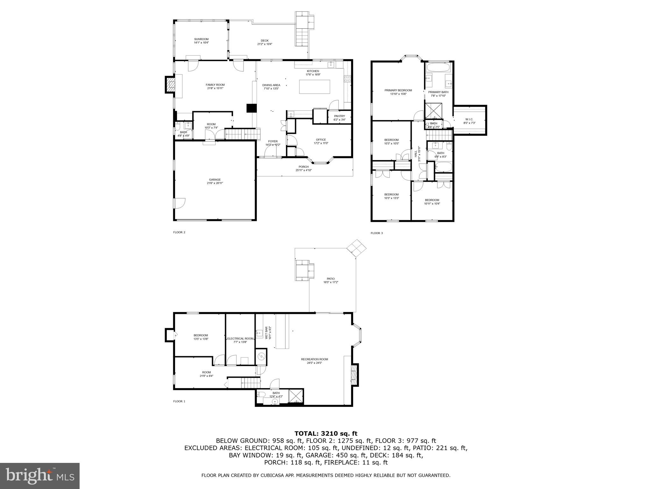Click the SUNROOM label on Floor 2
click(201, 39)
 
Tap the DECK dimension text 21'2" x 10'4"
click(265, 44)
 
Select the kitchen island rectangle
click(314, 87)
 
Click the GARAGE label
click(215, 180)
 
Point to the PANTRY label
click(339, 116)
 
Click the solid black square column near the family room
click(251, 108)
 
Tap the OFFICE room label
click(321, 140)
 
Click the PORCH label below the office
click(303, 167)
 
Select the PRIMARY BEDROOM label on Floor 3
click(398, 90)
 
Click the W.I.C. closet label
click(469, 119)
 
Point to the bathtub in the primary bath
click(438, 67)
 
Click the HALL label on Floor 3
click(415, 154)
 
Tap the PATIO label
click(330, 279)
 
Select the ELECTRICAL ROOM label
click(240, 338)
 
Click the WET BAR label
click(266, 332)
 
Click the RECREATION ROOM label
click(314, 359)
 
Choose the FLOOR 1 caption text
click(179, 401)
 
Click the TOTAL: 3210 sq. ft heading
click(326, 433)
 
